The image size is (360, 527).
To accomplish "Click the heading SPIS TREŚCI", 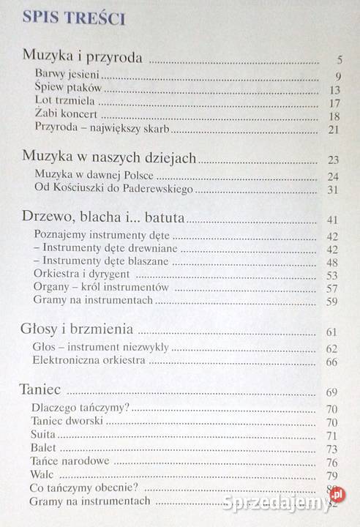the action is point(75,19).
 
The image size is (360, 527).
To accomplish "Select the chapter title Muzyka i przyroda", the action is point(80,56).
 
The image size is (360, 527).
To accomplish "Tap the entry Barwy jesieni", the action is point(72,75).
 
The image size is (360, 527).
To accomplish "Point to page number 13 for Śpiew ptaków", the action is point(335,90).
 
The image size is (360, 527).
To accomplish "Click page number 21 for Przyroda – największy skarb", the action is point(335,130).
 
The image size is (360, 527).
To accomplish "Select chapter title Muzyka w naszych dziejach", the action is point(110,157).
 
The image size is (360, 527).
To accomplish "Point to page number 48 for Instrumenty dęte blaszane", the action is point(333,263).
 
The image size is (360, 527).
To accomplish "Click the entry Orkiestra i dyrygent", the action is point(86,275).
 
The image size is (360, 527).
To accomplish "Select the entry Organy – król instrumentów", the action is point(101,288).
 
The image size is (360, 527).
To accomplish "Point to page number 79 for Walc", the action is point(333,476).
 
